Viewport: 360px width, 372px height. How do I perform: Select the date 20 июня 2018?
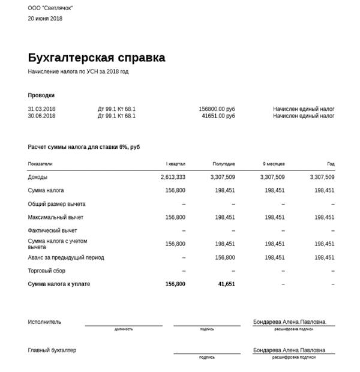point(45,19)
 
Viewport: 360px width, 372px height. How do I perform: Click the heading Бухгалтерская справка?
point(96,58)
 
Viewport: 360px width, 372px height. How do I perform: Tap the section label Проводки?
point(41,95)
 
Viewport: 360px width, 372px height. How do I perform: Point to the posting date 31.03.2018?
point(41,109)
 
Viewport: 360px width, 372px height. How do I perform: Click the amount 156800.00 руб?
point(217,109)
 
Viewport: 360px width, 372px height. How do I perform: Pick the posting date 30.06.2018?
point(41,116)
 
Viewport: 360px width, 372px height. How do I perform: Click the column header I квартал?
point(176,164)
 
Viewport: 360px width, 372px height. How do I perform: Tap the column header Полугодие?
point(224,164)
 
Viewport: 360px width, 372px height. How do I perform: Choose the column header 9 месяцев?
point(273,164)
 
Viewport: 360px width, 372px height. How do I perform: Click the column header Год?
point(331,164)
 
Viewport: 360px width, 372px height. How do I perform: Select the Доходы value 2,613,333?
point(173,177)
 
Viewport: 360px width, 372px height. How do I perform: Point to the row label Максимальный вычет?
point(56,217)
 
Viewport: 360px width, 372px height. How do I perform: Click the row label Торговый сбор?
point(47,271)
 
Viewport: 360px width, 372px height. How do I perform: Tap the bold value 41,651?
point(226,284)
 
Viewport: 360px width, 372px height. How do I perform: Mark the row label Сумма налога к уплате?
point(59,284)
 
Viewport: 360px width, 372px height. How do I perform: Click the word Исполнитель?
point(44,322)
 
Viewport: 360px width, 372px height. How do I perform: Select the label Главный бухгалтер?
point(52,350)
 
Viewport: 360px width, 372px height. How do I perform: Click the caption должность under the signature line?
point(124,329)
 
